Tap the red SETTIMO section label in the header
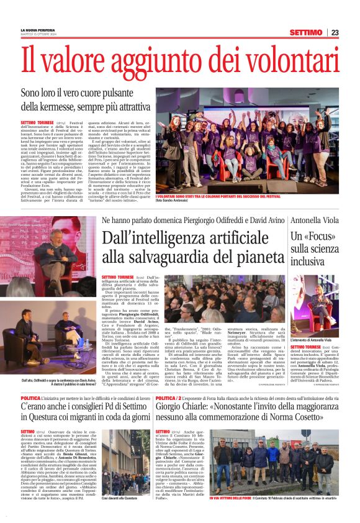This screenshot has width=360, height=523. [305, 32]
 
